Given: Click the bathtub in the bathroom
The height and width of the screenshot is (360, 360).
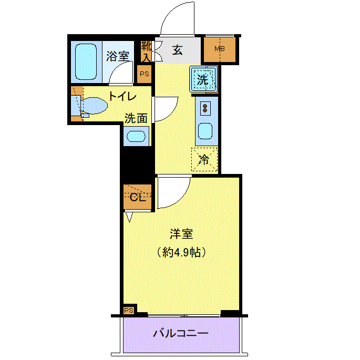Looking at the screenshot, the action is click(86, 62).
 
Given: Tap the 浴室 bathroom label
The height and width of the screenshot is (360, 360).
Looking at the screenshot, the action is click(118, 56).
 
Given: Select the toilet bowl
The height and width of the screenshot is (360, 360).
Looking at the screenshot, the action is click(94, 106).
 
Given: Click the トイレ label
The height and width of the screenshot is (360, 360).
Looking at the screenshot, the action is click(122, 96).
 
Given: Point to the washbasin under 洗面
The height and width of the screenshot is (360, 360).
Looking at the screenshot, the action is click(136, 136).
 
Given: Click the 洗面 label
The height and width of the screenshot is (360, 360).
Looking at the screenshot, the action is click(136, 118).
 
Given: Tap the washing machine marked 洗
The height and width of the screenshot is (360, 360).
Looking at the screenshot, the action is click(203, 79).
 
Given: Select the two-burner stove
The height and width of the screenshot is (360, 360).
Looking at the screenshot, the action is click(205, 108).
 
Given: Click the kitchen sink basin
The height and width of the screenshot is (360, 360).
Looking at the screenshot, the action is click(205, 131).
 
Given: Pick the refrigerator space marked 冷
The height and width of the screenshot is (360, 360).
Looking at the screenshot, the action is click(204, 159).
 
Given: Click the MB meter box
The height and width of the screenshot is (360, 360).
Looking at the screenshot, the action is click(220, 49).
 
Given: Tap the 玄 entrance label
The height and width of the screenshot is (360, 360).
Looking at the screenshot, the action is click(178, 50).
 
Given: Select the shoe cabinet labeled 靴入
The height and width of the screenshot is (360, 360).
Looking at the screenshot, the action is click(146, 51).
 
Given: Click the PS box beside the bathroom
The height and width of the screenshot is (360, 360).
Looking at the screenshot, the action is click(145, 74).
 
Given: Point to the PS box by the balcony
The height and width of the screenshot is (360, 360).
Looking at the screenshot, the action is click(129, 311).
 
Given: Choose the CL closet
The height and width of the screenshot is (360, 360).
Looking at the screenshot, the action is click(138, 197).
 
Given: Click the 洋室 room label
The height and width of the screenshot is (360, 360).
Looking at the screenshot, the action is click(181, 234).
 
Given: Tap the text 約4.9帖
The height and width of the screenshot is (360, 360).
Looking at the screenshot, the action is click(181, 252).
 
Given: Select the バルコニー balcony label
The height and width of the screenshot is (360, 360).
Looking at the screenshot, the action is click(181, 333).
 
